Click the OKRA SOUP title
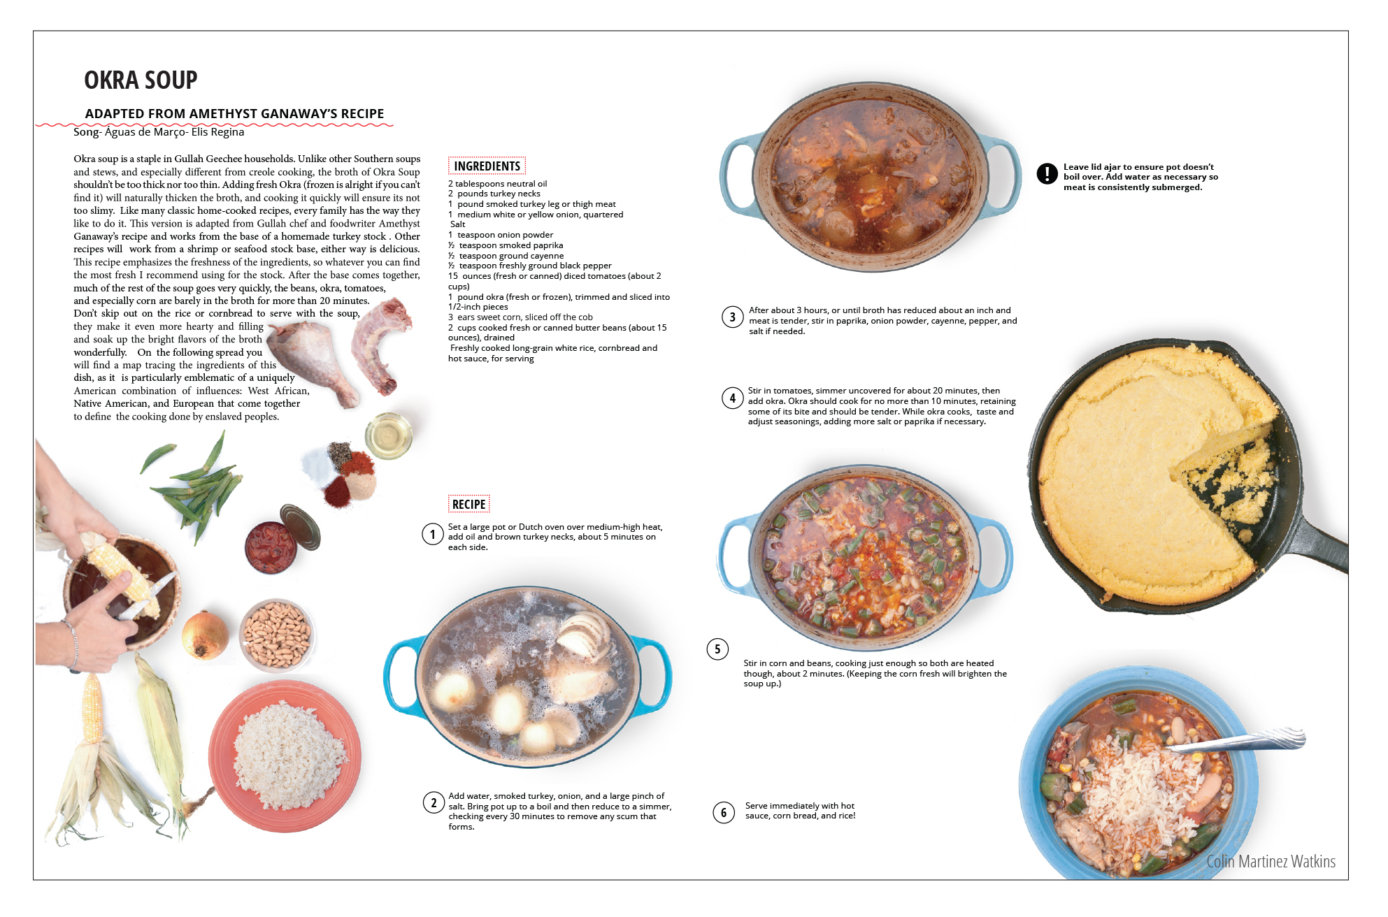(x=141, y=80)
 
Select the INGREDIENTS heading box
(x=487, y=166)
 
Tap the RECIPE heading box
(x=468, y=504)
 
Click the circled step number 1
(x=433, y=535)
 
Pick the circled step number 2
(x=434, y=802)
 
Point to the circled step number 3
(x=732, y=317)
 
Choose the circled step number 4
(x=732, y=398)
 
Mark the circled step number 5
(x=717, y=649)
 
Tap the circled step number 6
(x=724, y=812)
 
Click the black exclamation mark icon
(x=1047, y=173)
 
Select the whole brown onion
(x=205, y=635)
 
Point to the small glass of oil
(x=389, y=435)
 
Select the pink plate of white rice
(x=285, y=756)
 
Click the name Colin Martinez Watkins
(x=1271, y=861)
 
